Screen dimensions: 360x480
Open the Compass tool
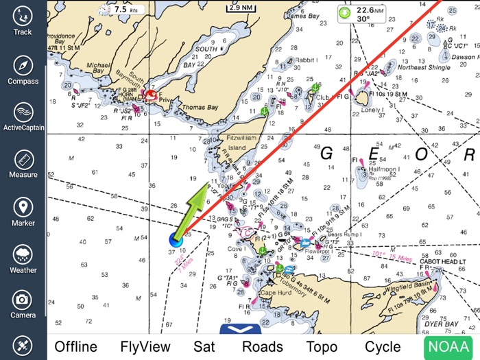tap(23, 70)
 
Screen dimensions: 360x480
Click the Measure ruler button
tap(23, 164)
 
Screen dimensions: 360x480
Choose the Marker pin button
tap(23, 212)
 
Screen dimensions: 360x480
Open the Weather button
tap(23, 259)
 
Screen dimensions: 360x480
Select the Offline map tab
tap(75, 346)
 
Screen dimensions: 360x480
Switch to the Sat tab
tap(204, 346)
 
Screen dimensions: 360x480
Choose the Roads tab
tap(262, 346)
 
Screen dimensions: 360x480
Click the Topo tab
tap(322, 346)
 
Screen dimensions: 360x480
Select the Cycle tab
tap(383, 346)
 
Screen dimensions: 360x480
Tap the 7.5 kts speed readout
tap(121, 10)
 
